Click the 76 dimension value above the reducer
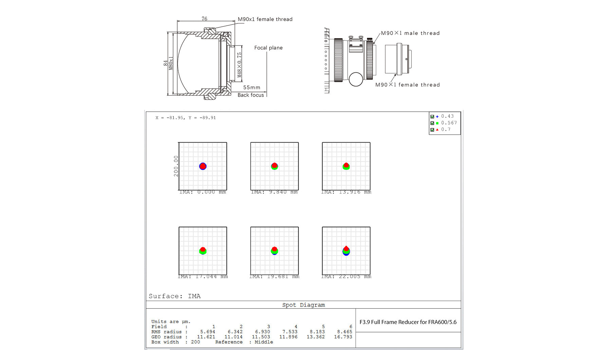(x=204, y=19)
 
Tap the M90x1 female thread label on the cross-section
(x=265, y=19)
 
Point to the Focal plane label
(x=268, y=48)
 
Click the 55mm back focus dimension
(x=252, y=88)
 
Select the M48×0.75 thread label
(x=239, y=65)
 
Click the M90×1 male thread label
(x=410, y=33)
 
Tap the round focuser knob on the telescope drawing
(x=356, y=79)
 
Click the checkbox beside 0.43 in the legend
(x=432, y=117)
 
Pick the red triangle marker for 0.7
(x=437, y=130)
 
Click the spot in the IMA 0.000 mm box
(x=203, y=166)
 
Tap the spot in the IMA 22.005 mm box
(x=346, y=251)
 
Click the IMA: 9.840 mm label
(x=274, y=192)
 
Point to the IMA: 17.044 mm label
(x=203, y=277)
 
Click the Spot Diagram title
(x=303, y=305)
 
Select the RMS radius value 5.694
(x=207, y=332)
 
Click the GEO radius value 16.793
(x=343, y=337)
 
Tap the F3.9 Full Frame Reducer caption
(x=408, y=322)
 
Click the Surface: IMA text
(x=174, y=296)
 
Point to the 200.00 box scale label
(x=176, y=166)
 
